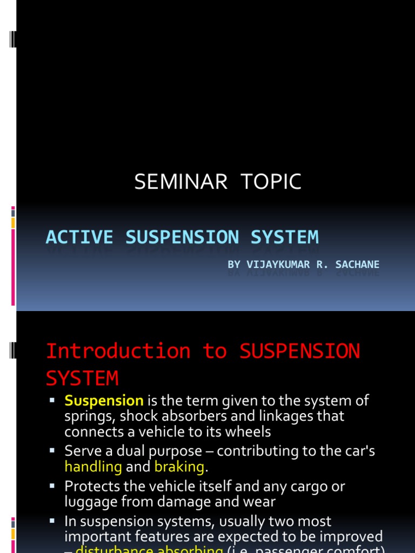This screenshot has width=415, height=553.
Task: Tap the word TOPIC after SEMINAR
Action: pos(273,182)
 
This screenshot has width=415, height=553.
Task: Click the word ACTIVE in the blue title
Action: pos(79,237)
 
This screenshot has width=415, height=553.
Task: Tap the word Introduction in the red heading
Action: pos(118,351)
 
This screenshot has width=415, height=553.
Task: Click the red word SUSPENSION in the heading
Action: pos(299,351)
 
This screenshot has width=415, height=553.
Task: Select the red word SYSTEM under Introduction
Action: pos(82,378)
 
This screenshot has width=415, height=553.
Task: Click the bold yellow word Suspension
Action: pos(104,401)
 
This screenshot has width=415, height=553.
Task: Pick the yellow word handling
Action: pos(93,467)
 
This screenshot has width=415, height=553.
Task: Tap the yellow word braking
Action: pos(179,467)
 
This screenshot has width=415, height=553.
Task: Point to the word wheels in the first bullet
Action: pos(250,431)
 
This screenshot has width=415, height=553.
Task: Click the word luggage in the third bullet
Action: pos(88,502)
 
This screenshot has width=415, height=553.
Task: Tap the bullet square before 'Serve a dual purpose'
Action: pos(52,450)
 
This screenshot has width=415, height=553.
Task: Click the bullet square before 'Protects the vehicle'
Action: pos(52,485)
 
